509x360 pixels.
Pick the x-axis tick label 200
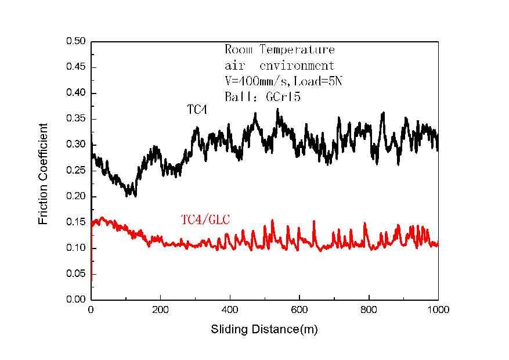coord(160,310)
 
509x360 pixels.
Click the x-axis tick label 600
coord(299,310)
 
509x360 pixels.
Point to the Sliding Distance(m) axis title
coord(264,330)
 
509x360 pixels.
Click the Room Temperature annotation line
coord(279,50)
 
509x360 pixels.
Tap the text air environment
coord(279,65)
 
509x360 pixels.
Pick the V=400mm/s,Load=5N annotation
coord(284,81)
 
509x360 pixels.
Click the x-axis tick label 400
coord(230,310)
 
